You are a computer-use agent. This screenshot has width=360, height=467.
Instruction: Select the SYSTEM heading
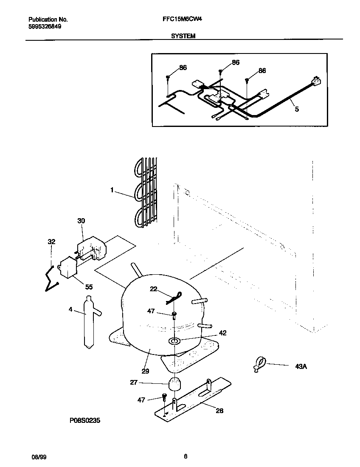click(x=183, y=37)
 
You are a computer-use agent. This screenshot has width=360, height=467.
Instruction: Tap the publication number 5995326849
click(x=45, y=26)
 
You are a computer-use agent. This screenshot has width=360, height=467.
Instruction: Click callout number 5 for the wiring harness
click(x=297, y=110)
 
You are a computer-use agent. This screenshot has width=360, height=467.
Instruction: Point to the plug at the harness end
click(x=315, y=81)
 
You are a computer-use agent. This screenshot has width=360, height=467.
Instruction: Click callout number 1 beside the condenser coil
click(x=112, y=191)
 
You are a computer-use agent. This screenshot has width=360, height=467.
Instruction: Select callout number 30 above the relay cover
click(x=81, y=221)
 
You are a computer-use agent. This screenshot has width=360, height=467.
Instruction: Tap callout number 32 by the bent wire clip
click(x=51, y=242)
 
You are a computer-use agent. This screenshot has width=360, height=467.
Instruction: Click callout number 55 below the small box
click(x=88, y=287)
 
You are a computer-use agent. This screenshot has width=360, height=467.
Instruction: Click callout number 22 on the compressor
click(x=154, y=289)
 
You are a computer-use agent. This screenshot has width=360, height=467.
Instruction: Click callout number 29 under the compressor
click(x=145, y=371)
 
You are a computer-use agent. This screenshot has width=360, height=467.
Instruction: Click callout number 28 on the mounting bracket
click(x=219, y=411)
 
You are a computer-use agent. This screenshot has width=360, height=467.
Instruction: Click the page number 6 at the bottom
click(x=186, y=457)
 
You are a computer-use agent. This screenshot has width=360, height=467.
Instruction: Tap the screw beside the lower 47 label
click(x=164, y=397)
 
